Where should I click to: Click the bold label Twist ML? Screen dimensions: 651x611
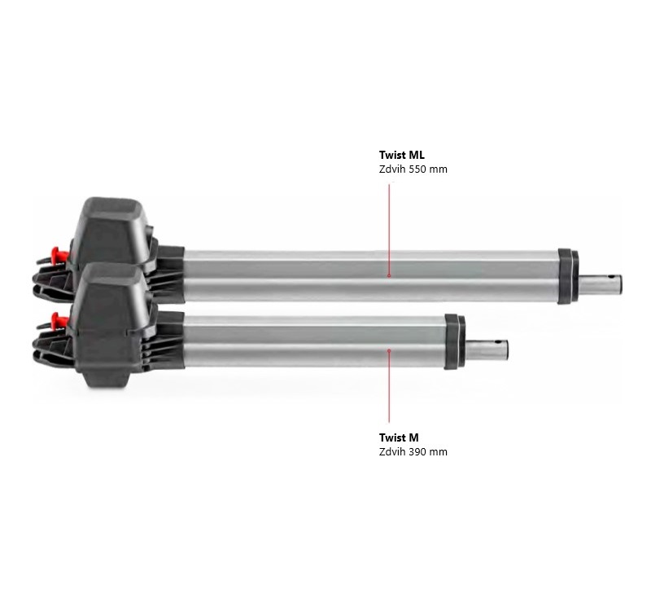[401, 155]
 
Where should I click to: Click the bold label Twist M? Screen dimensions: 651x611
[399, 437]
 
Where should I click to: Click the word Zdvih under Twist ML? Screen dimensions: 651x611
[392, 169]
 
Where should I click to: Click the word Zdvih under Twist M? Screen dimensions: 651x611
[392, 452]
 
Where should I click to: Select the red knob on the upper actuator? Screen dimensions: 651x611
[58, 253]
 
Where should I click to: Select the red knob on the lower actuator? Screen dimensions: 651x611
[59, 320]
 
